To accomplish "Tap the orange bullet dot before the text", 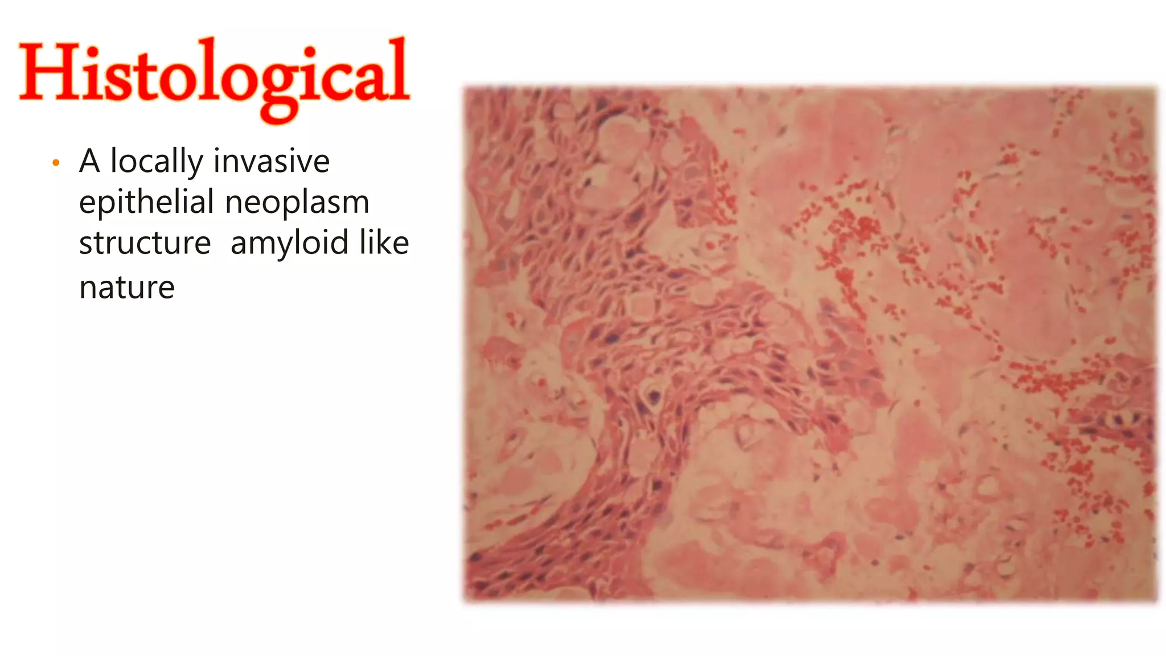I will [x=56, y=163].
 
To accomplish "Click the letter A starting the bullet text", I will [x=90, y=161].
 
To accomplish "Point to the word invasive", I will [x=272, y=161].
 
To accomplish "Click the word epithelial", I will [x=146, y=203].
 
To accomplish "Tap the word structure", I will [x=145, y=244].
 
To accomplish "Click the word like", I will [x=384, y=243].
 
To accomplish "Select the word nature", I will [x=127, y=288].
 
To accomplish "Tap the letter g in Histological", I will [x=278, y=91].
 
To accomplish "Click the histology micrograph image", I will [x=810, y=344].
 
